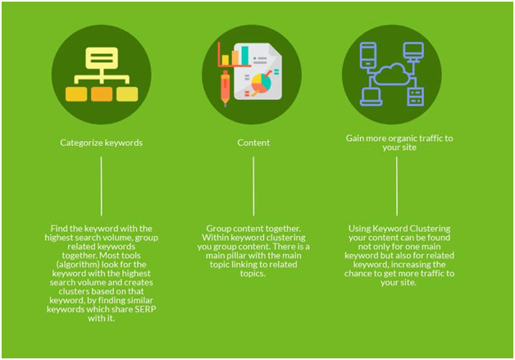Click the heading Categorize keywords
(101, 143)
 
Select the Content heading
(253, 143)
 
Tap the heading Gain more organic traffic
(399, 143)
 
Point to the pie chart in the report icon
(262, 83)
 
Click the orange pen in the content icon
(225, 88)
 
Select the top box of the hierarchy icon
(102, 57)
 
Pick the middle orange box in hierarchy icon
(102, 94)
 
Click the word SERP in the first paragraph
(145, 309)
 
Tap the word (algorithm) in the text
(78, 264)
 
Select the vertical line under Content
(253, 186)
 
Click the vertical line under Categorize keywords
(101, 186)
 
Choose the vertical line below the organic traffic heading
(397, 186)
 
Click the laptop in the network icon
(371, 97)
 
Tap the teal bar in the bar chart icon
(245, 56)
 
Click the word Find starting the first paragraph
(58, 229)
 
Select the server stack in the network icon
(416, 97)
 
